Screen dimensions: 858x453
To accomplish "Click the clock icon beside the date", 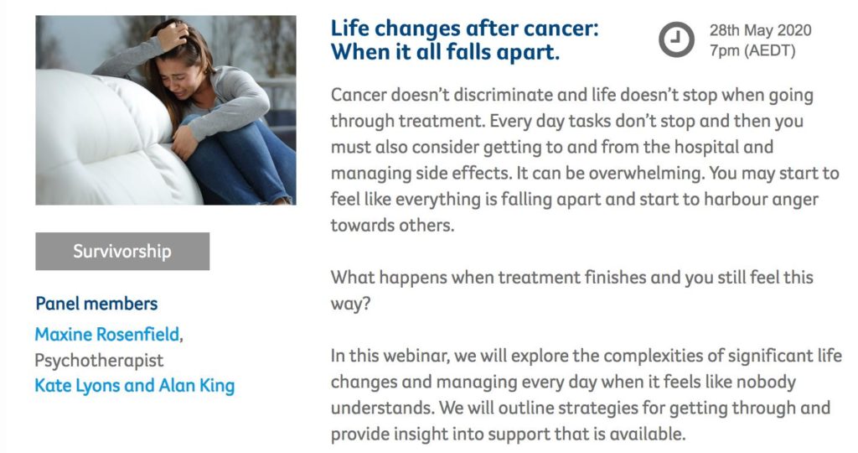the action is tap(676, 39).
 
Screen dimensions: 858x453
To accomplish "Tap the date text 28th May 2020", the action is tap(760, 30).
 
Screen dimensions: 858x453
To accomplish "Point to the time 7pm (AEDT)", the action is tap(752, 50).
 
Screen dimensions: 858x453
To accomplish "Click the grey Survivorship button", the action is tap(122, 251).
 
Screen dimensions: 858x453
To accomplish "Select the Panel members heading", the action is tap(96, 304).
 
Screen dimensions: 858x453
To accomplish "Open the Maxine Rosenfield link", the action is tap(107, 334).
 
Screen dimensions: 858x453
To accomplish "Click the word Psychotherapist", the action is tap(99, 361).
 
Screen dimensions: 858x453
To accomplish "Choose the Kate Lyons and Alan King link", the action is tap(135, 386).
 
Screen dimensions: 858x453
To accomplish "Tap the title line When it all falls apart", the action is tap(445, 53).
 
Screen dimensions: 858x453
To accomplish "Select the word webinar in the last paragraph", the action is tap(416, 356).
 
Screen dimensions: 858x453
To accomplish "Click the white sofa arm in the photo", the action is tap(104, 137).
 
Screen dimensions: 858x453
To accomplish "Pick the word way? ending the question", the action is tap(351, 304).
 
